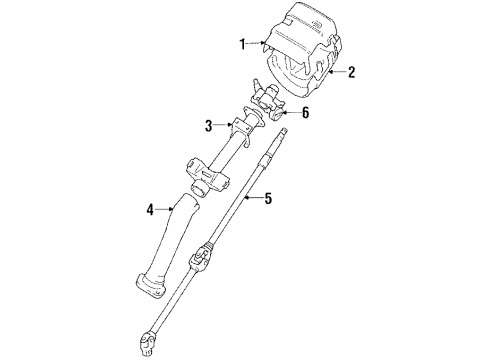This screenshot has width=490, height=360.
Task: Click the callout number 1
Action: click(241, 43)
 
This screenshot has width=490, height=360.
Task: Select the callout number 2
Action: click(351, 72)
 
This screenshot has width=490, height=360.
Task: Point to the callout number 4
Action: click(150, 210)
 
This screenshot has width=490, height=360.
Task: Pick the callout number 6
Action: click(305, 113)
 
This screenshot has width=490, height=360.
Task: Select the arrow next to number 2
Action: click(337, 72)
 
